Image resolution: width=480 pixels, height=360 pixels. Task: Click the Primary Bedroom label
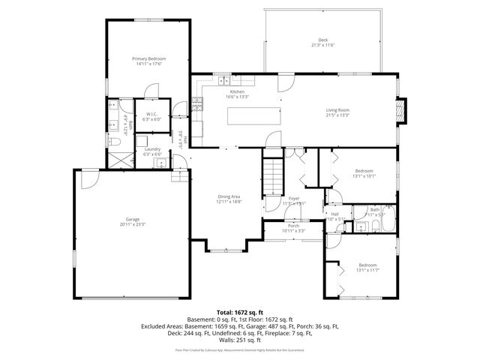pyautogui.click(x=148, y=58)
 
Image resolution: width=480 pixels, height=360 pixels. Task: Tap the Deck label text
pyautogui.click(x=322, y=40)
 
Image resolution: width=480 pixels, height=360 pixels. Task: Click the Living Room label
pyautogui.click(x=337, y=109)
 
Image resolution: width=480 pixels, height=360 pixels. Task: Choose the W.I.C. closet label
pyautogui.click(x=151, y=115)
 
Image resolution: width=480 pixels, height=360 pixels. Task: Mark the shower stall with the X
pyautogui.click(x=116, y=158)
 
